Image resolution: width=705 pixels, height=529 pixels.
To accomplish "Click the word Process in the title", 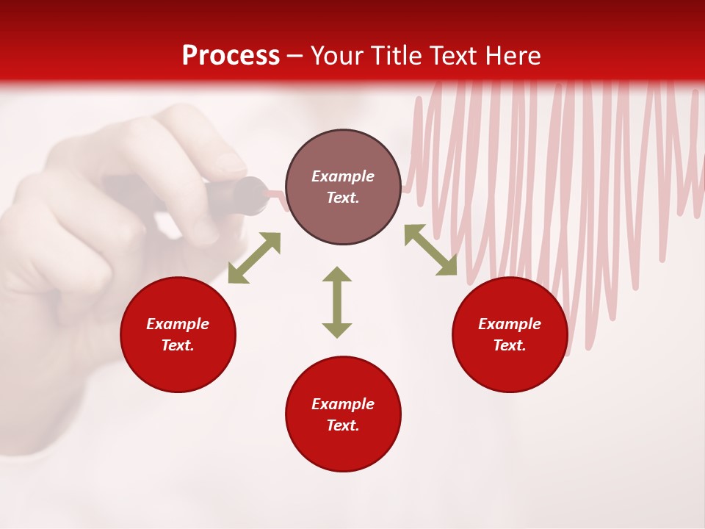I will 231,56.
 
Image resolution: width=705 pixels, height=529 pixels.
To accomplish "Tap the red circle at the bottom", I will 343,448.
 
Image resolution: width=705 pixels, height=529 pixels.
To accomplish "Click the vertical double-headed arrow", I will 337,302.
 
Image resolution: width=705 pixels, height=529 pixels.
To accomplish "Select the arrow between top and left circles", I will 254,258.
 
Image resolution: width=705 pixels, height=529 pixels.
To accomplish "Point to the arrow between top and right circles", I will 430,250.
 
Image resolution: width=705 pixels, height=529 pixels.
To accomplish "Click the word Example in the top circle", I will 343,176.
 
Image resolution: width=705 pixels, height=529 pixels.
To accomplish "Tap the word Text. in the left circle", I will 178,345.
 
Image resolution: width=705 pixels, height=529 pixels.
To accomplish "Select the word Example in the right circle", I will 510,324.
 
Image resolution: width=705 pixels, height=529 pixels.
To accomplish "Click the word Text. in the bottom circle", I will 343,425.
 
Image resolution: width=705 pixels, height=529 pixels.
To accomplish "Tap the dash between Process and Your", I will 295,57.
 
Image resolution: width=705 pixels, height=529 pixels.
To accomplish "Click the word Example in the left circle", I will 178,324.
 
